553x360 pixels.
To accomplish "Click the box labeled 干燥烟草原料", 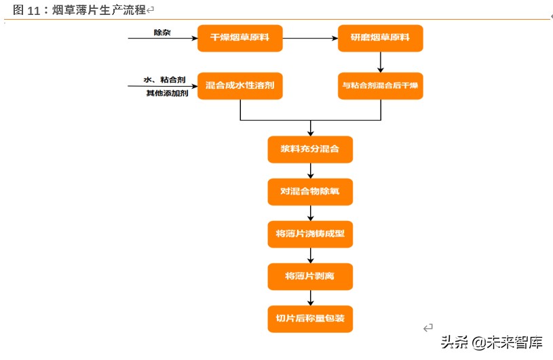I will pos(240,38).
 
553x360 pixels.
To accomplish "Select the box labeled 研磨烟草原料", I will pos(380,38).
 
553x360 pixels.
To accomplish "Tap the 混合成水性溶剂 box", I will pos(240,86).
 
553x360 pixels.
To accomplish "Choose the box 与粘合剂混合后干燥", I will pos(380,86).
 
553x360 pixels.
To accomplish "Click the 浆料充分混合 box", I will pos(310,149).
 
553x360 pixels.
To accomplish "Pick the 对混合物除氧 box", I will pos(310,192).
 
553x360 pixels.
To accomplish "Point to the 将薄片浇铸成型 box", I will pos(310,235).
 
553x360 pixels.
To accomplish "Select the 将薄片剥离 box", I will pos(310,277).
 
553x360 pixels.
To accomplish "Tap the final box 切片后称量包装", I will pos(310,319).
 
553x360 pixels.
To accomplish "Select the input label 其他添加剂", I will pos(167,93).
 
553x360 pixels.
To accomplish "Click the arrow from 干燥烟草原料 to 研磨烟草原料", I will pos(310,38).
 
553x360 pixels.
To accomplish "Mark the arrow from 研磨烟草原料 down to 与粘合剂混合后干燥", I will pos(380,62).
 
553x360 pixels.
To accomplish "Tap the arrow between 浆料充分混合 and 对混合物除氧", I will pos(310,171).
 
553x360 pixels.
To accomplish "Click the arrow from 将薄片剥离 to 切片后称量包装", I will pos(310,298).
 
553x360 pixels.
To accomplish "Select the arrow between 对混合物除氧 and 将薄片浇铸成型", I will pos(310,213).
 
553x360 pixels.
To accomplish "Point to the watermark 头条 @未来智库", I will pos(491,342).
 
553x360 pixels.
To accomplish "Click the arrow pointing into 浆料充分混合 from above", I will pos(310,128).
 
